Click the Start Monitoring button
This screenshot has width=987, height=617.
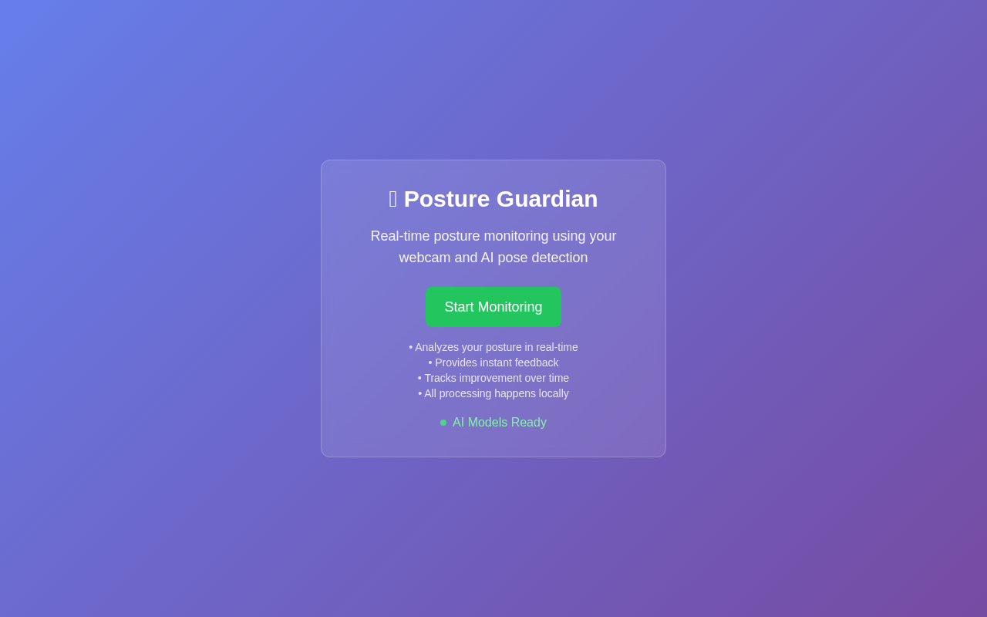click(x=493, y=307)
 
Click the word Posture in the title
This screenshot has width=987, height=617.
click(x=447, y=199)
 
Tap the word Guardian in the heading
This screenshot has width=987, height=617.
click(x=547, y=199)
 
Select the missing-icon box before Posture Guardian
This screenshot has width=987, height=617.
click(x=393, y=199)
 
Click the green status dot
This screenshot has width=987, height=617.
click(x=443, y=423)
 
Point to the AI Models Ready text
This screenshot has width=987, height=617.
click(x=500, y=423)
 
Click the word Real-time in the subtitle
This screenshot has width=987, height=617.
click(x=400, y=236)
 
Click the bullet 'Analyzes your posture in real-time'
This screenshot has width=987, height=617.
click(x=493, y=347)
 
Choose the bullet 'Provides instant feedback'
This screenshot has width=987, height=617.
click(x=493, y=362)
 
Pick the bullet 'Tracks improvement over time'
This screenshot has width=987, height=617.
click(x=493, y=378)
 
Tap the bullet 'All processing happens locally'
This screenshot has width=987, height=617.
click(x=493, y=393)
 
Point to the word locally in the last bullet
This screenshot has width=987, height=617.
click(x=551, y=393)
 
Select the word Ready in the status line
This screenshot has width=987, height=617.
click(x=529, y=423)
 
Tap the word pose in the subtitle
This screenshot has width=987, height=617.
click(x=513, y=258)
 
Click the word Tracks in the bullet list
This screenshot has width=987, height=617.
click(x=440, y=378)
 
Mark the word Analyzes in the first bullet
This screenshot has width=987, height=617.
click(x=436, y=347)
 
